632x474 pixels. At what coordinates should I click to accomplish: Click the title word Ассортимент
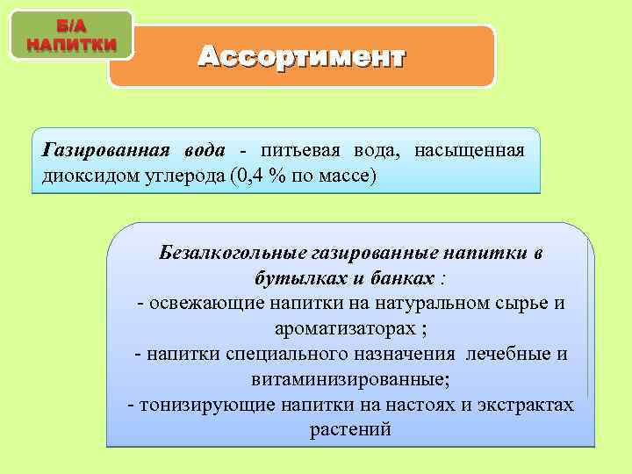click(x=301, y=57)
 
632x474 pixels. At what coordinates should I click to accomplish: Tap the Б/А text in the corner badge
click(x=70, y=25)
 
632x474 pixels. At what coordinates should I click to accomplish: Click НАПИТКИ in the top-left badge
click(x=70, y=43)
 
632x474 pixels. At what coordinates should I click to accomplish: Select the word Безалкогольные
click(x=232, y=253)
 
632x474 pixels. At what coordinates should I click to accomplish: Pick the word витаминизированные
click(x=349, y=380)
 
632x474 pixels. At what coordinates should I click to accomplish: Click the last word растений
click(x=350, y=431)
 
